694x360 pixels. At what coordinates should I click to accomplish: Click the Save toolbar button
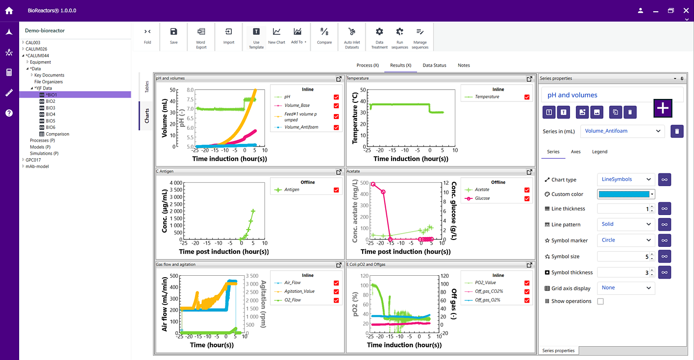click(173, 36)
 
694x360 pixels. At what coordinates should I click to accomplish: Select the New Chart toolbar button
click(276, 36)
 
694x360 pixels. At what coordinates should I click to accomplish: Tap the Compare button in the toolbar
click(324, 36)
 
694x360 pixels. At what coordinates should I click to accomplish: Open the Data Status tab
click(434, 65)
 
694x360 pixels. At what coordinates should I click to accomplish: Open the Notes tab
click(464, 65)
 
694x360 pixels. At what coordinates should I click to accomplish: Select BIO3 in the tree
click(50, 108)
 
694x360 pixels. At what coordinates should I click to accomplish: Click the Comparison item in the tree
click(57, 134)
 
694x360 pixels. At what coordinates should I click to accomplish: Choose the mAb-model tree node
click(37, 167)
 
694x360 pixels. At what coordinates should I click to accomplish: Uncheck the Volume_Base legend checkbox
click(336, 106)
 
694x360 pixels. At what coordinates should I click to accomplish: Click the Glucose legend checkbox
click(527, 198)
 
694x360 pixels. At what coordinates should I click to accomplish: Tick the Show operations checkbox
click(600, 301)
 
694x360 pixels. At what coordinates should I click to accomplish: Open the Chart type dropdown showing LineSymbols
click(626, 179)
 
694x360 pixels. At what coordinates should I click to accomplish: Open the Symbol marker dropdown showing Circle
click(626, 240)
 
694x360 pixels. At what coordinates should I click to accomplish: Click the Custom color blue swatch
click(623, 194)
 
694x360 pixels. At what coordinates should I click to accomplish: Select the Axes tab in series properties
click(575, 152)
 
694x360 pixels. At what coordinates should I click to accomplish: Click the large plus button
click(663, 108)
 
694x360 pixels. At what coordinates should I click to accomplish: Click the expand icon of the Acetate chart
click(529, 172)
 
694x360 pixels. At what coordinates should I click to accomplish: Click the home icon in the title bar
click(9, 10)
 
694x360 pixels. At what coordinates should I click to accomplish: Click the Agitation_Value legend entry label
click(299, 291)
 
